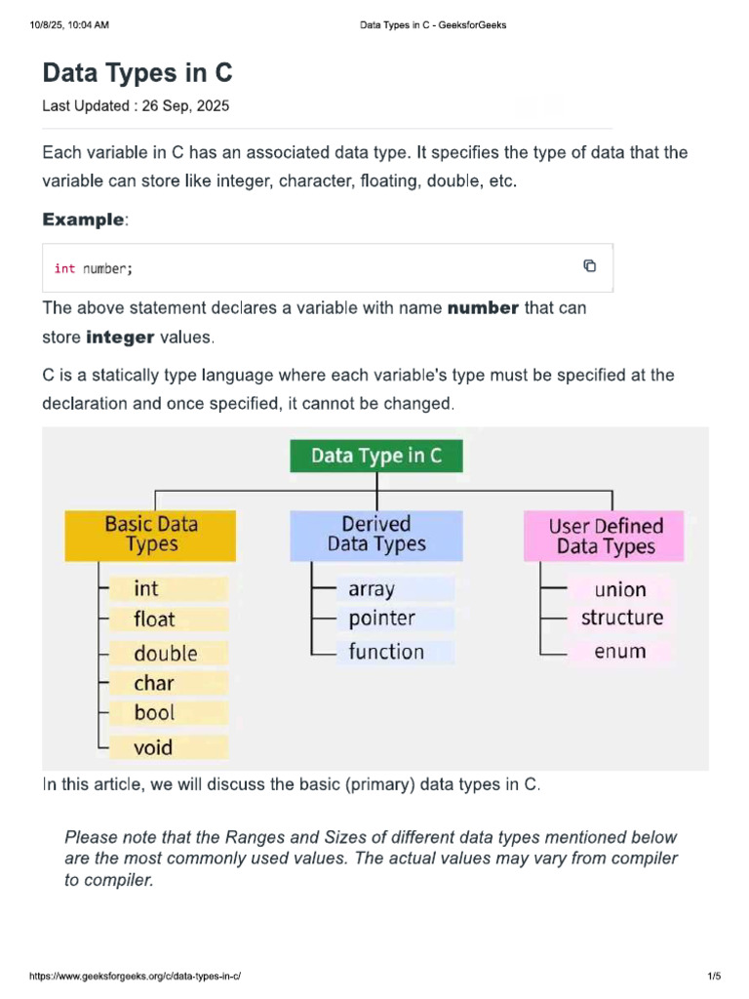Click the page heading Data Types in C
click(x=138, y=73)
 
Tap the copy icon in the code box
click(x=589, y=266)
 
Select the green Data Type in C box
click(x=375, y=457)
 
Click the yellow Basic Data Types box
click(x=150, y=535)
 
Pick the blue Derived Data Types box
click(x=376, y=535)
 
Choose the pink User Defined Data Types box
click(x=605, y=536)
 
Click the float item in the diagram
click(x=154, y=619)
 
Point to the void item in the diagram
click(x=153, y=747)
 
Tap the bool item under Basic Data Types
click(x=154, y=713)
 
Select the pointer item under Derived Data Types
click(x=381, y=619)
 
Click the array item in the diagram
click(x=372, y=589)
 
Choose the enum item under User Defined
click(x=620, y=652)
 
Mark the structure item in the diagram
click(x=621, y=618)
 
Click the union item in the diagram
click(x=620, y=589)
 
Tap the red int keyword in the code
click(x=64, y=268)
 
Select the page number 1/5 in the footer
click(x=713, y=977)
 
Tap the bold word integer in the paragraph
click(x=120, y=338)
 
